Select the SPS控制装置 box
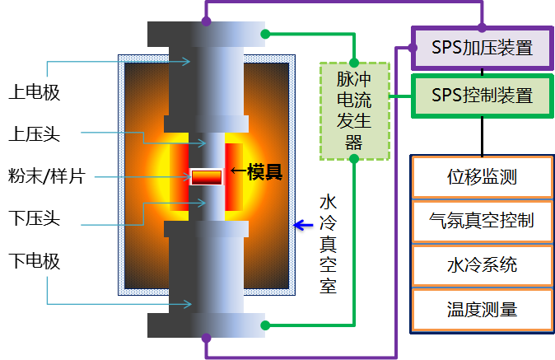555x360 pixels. tap(482, 96)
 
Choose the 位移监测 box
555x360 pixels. tap(482, 177)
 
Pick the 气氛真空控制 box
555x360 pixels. tap(482, 221)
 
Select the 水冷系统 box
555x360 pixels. tap(482, 265)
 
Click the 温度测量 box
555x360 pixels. tap(482, 310)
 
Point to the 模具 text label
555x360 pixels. tap(265, 172)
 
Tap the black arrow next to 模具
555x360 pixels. tap(237, 172)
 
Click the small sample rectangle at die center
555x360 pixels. tap(207, 177)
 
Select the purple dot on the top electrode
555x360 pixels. tap(206, 22)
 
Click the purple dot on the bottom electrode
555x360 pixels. tap(206, 337)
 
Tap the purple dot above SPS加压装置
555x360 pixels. tap(483, 27)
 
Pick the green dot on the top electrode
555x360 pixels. tap(265, 34)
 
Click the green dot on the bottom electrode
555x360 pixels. tap(265, 325)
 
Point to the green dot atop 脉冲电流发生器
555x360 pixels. tap(354, 63)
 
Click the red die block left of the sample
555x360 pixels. tap(180, 176)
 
